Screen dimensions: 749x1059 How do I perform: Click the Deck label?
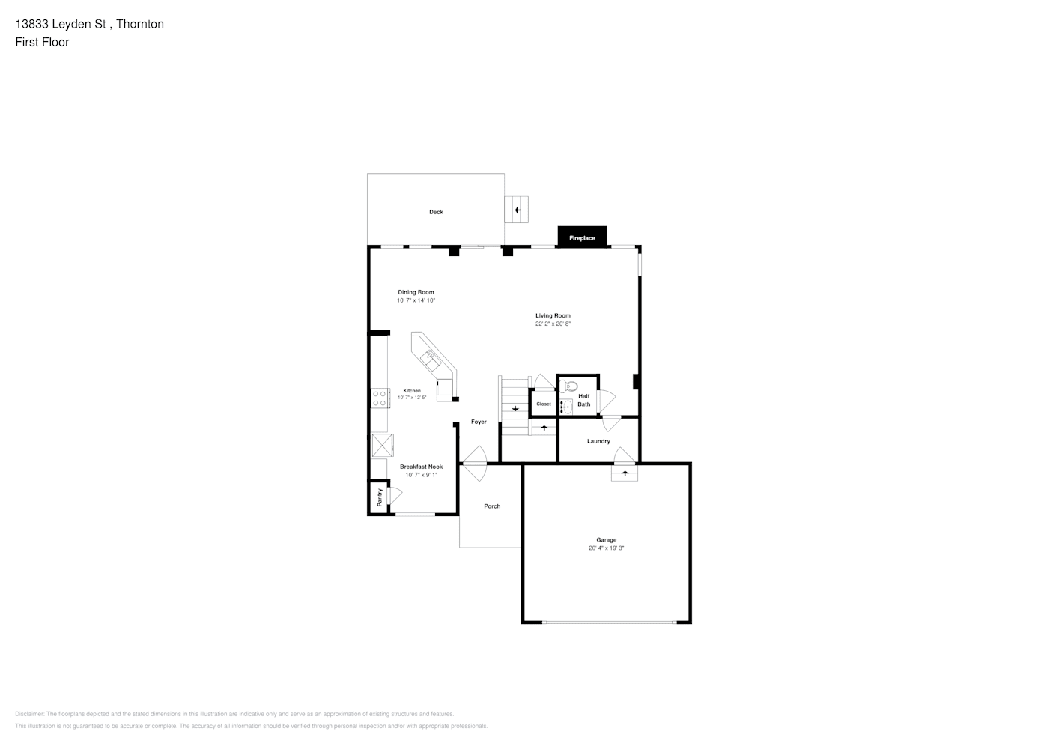[x=436, y=212]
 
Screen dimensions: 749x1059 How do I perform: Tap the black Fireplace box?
[x=582, y=237]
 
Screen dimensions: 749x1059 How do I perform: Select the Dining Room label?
[x=416, y=292]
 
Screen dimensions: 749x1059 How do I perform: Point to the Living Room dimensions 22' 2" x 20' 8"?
[x=553, y=324]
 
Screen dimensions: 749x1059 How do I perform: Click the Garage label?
[x=606, y=539]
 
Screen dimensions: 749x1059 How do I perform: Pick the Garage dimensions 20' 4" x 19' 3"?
[x=606, y=548]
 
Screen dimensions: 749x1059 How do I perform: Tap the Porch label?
[x=492, y=506]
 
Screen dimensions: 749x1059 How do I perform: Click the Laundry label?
[x=598, y=441]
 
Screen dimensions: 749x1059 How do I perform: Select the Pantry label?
[x=380, y=497]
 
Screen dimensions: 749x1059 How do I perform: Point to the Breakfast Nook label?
[x=421, y=467]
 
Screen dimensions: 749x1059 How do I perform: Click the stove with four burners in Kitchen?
[x=380, y=398]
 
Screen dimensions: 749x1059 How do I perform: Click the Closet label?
[x=544, y=404]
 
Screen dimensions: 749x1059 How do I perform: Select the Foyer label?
[x=479, y=422]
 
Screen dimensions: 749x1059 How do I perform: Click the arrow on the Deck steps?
[x=517, y=210]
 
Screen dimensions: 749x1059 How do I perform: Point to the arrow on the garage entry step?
[x=625, y=473]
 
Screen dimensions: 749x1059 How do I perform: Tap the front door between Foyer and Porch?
[x=474, y=464]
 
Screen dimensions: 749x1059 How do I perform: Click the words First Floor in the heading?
[x=42, y=42]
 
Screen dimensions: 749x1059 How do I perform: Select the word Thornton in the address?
[x=140, y=24]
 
